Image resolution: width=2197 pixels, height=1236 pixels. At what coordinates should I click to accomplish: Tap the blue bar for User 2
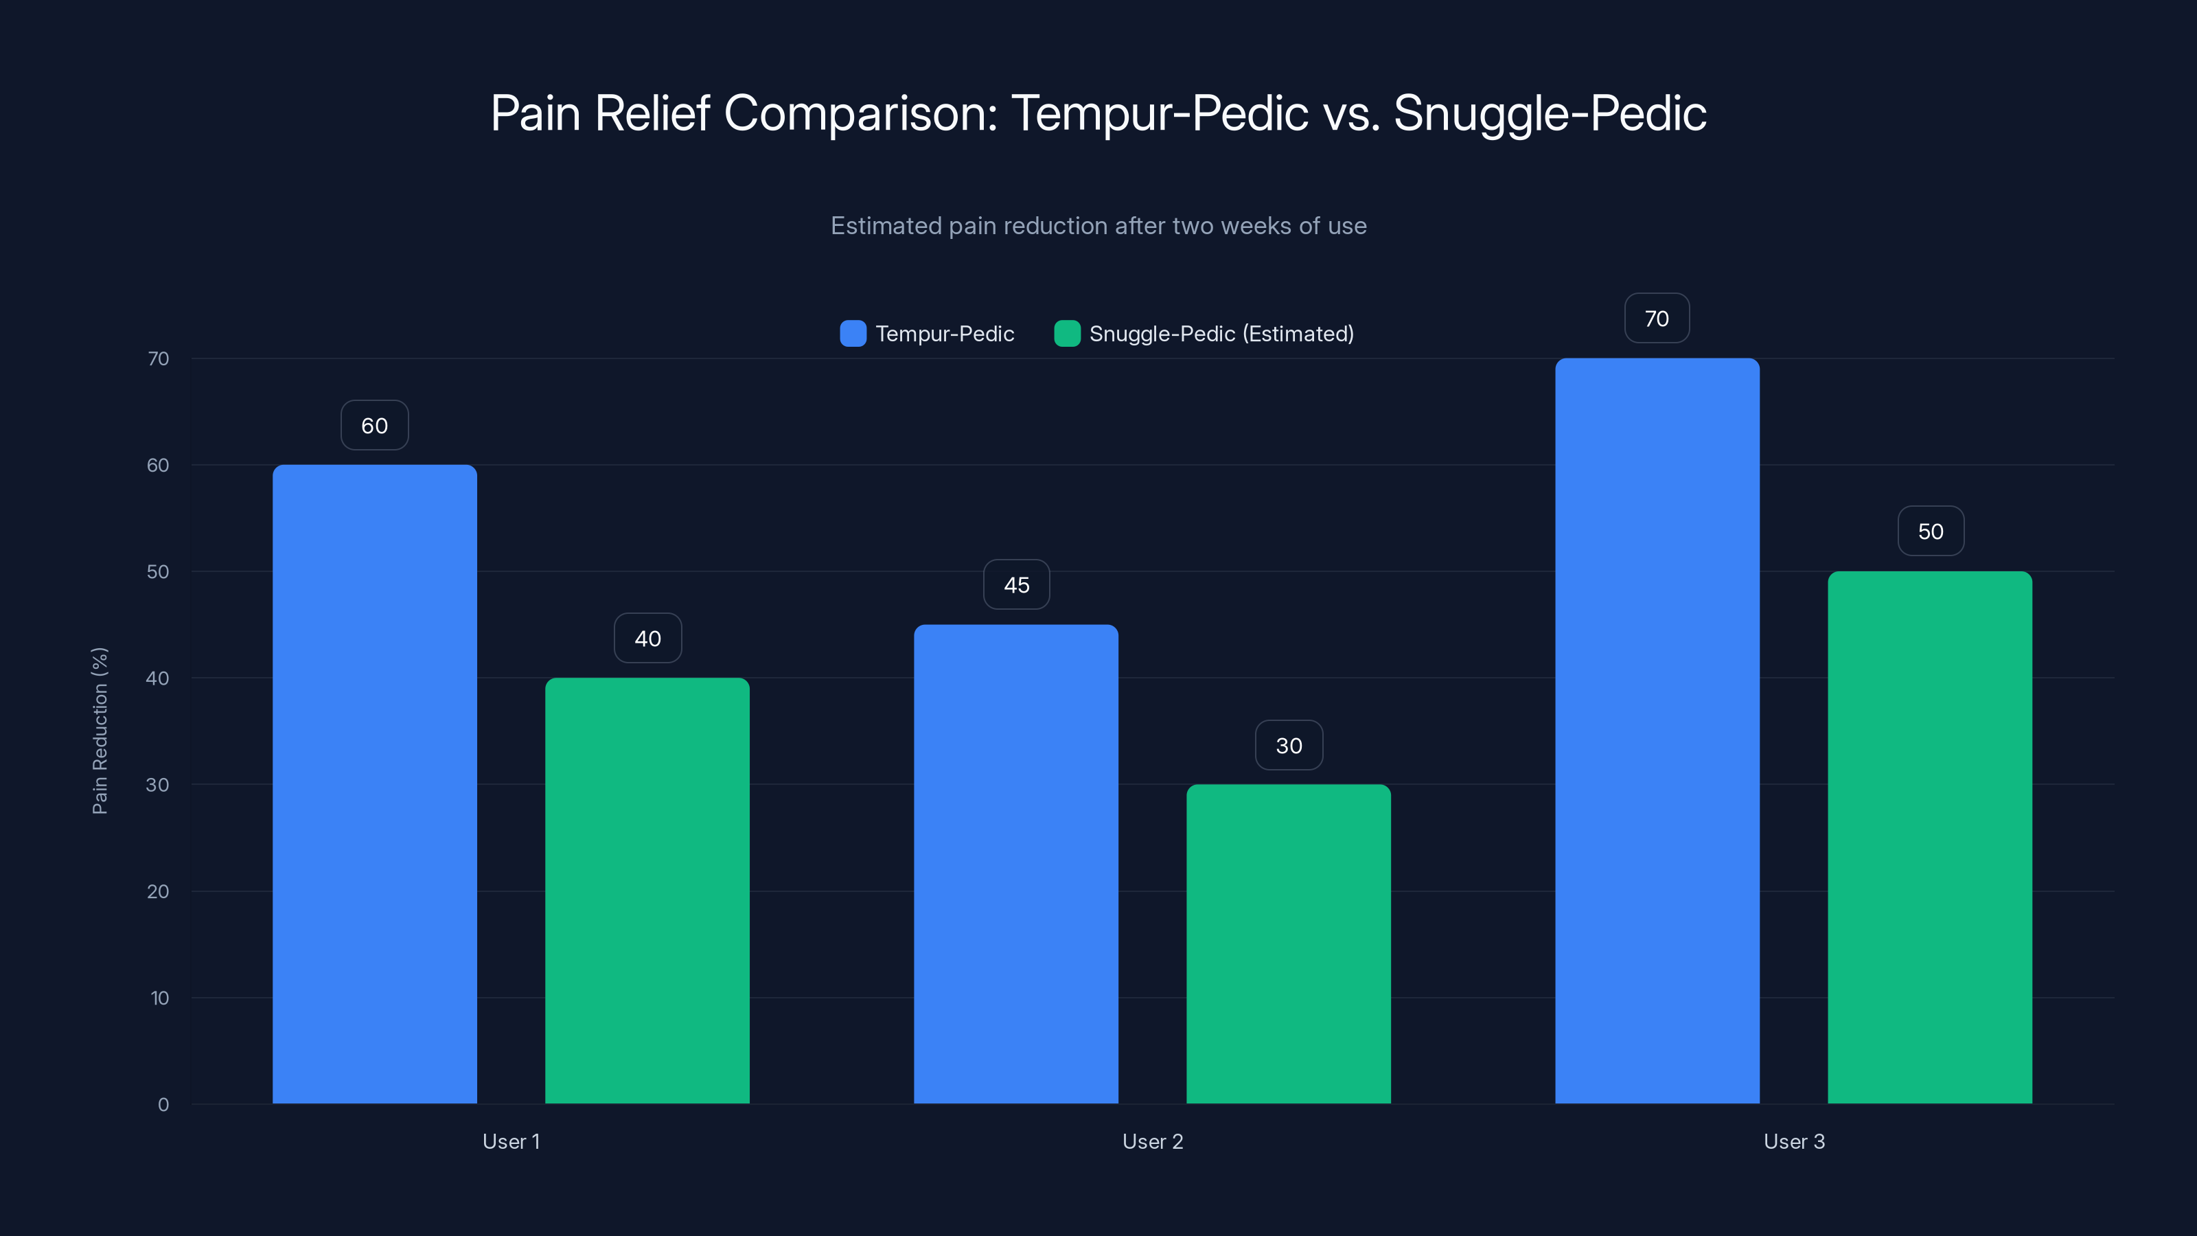(1016, 863)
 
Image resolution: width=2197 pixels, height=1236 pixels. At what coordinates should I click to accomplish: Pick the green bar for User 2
(1288, 943)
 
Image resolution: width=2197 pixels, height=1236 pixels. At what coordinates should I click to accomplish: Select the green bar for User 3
(1929, 837)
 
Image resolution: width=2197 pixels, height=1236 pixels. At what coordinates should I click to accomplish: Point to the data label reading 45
(1016, 585)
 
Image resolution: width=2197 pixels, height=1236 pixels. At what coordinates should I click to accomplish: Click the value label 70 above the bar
(1656, 319)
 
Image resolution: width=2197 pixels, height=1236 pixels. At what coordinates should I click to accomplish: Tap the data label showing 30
(1289, 746)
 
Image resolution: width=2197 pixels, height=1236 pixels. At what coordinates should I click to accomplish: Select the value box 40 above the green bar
(647, 638)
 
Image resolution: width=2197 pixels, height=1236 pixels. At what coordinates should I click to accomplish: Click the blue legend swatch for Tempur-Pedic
(853, 334)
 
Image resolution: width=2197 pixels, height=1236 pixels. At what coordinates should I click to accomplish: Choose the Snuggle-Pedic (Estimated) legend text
(1221, 334)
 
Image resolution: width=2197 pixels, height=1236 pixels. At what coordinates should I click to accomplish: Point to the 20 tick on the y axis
(158, 891)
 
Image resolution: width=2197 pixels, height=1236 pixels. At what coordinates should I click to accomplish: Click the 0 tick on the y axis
(163, 1105)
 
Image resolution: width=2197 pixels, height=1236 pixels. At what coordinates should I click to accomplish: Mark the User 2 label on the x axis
(1152, 1141)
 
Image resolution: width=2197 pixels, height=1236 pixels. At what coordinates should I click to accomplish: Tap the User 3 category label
(1793, 1141)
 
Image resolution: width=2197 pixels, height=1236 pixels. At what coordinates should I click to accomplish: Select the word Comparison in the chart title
(860, 113)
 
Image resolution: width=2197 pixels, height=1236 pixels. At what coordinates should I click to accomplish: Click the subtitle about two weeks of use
(1098, 226)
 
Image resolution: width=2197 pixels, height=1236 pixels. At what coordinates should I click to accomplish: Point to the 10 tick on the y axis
(159, 998)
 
